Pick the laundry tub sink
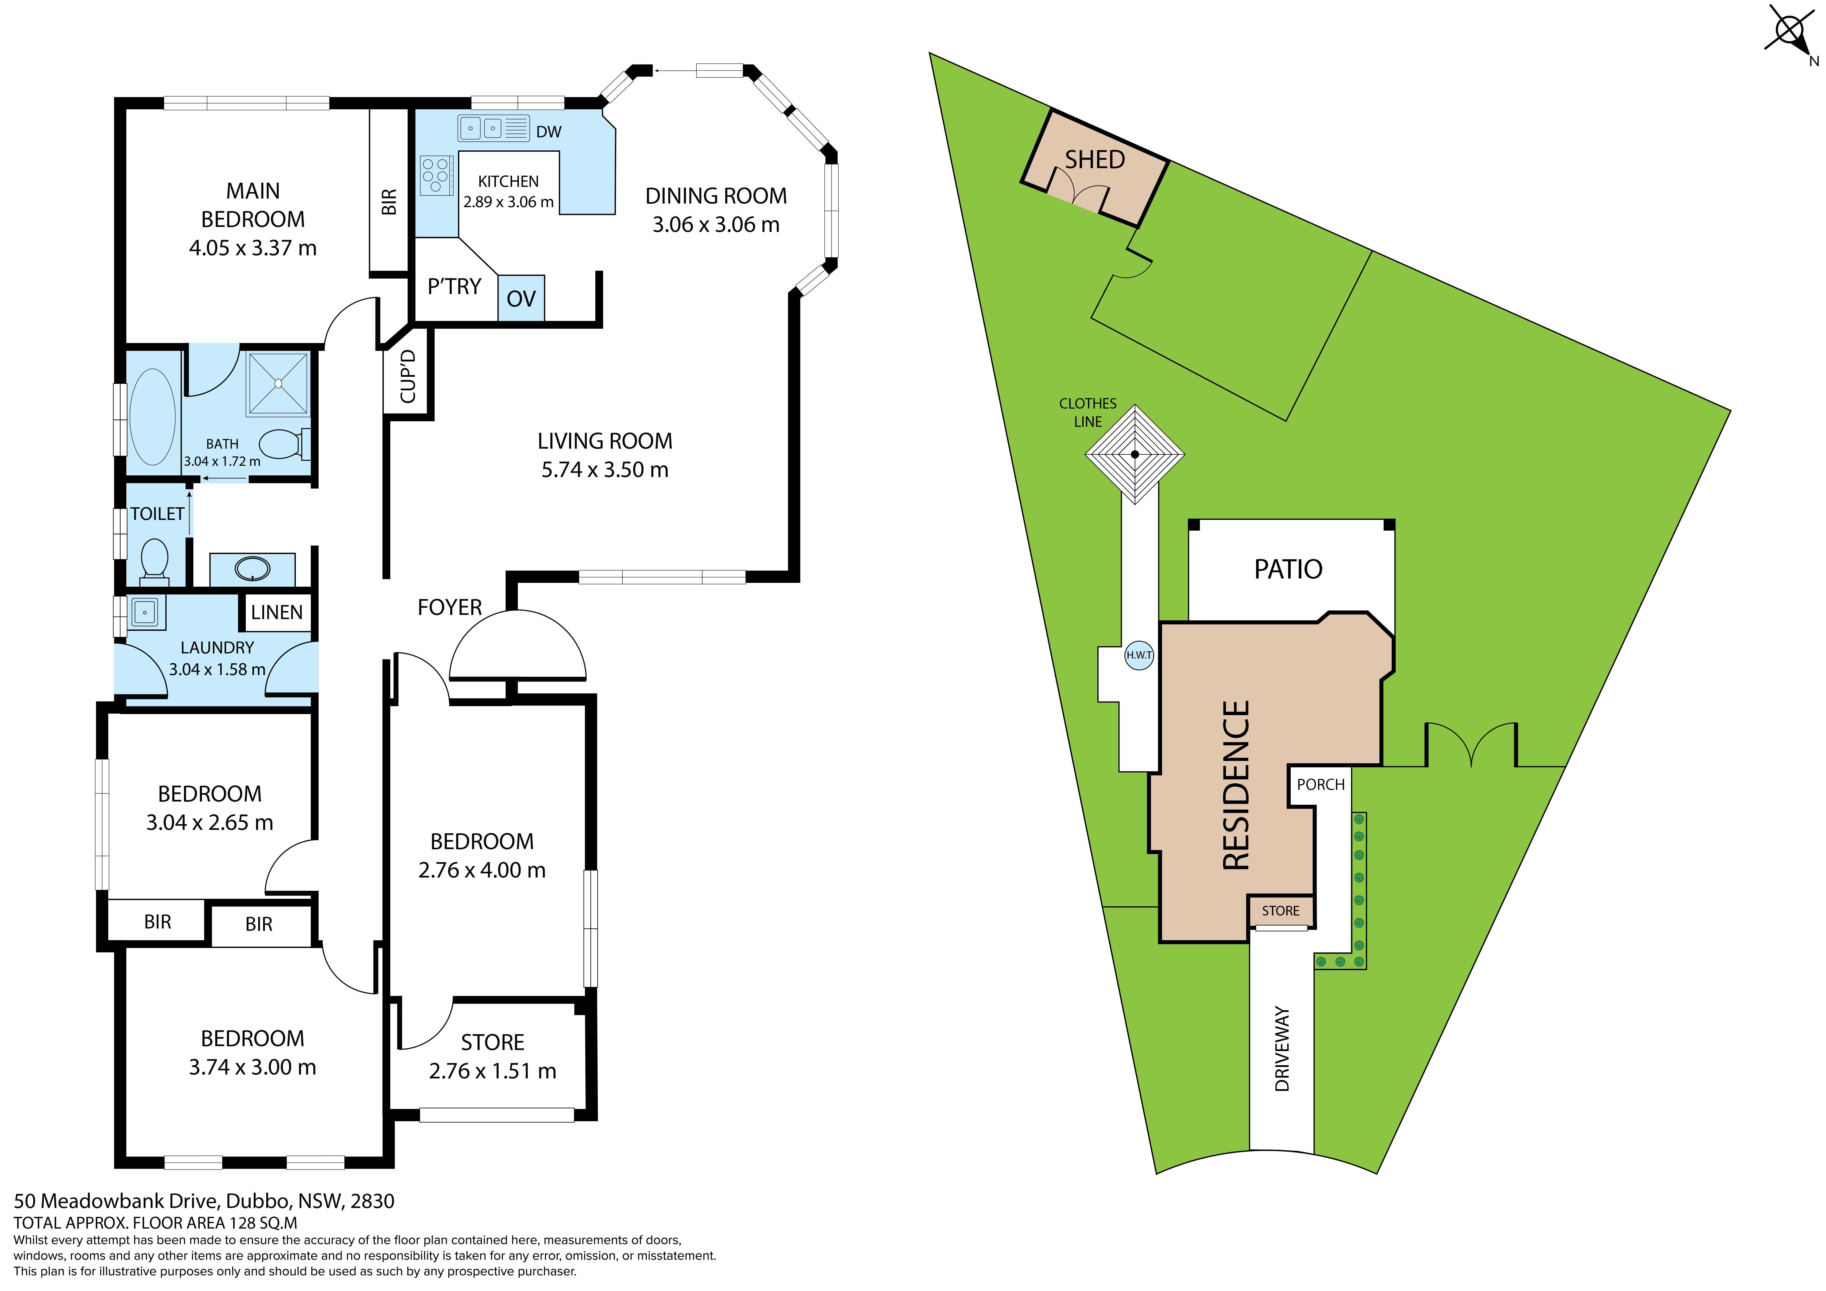click(x=145, y=612)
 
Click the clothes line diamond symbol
click(x=1135, y=454)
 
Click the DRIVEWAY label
click(x=1282, y=1048)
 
